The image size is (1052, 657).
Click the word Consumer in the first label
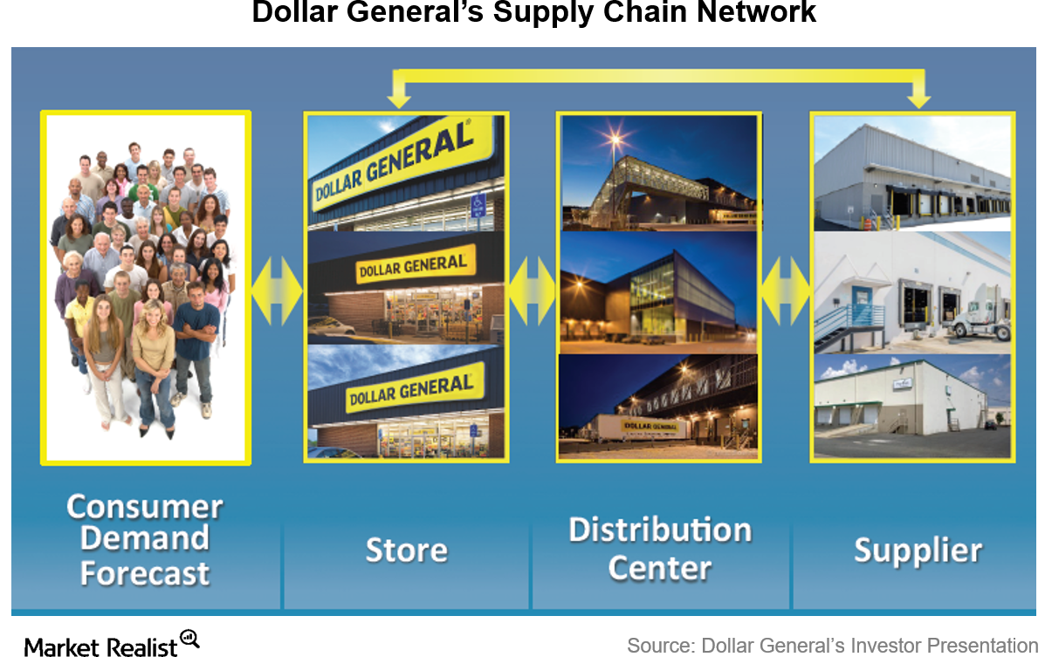click(145, 507)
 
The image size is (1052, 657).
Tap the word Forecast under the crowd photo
click(145, 573)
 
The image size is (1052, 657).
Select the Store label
click(406, 550)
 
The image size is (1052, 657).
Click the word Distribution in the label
click(660, 530)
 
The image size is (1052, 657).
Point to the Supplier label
click(918, 551)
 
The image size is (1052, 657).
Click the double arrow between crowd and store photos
click(277, 291)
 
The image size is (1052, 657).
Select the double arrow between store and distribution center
click(533, 291)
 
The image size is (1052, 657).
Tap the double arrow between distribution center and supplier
click(786, 291)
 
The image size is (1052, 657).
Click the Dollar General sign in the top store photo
click(393, 166)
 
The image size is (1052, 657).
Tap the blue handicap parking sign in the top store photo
click(478, 206)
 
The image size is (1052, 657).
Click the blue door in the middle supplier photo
click(862, 305)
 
